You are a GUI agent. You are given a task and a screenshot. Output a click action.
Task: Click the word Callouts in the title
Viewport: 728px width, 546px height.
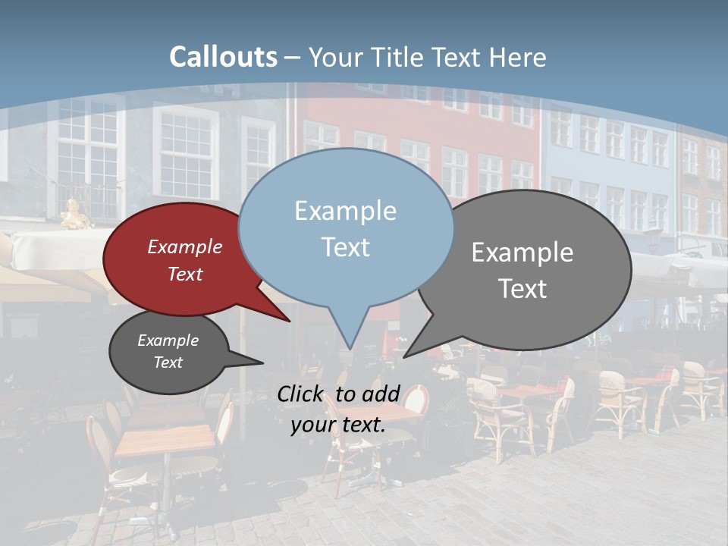[223, 57]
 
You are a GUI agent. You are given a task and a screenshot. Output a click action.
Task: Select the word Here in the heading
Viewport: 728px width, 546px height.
[518, 57]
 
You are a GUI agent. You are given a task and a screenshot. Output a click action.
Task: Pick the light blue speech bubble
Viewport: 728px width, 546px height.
[345, 227]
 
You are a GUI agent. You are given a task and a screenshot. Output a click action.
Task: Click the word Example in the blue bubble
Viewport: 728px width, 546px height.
[345, 211]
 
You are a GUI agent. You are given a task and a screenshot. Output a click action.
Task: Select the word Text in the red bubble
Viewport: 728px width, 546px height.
[185, 274]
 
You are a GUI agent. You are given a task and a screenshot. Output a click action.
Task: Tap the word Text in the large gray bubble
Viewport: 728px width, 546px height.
[523, 289]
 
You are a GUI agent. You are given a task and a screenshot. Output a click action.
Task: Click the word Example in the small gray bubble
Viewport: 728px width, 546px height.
[168, 340]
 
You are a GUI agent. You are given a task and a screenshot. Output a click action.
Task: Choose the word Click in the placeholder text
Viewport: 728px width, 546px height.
[303, 393]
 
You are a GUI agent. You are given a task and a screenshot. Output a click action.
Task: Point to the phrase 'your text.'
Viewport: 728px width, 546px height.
[338, 425]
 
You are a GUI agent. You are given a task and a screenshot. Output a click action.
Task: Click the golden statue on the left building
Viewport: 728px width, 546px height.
[74, 215]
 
